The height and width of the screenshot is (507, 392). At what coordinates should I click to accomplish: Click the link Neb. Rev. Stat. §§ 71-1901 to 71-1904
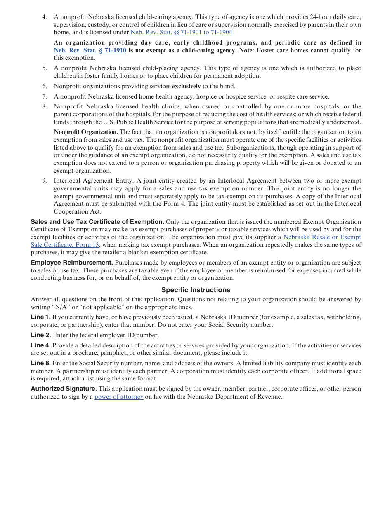point(181,32)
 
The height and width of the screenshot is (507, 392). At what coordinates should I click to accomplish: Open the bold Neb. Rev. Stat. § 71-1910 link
point(90,50)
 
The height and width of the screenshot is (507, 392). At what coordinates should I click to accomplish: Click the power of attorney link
point(119,397)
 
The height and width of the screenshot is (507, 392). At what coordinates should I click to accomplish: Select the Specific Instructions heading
point(196,290)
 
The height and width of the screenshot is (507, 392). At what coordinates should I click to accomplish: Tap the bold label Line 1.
point(40,317)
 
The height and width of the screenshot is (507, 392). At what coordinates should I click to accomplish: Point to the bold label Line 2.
point(40,335)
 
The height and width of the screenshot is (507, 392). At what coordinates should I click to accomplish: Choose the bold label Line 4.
point(40,345)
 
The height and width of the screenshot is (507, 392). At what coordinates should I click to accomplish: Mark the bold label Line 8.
point(40,363)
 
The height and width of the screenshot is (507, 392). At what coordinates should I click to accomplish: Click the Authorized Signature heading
point(64,389)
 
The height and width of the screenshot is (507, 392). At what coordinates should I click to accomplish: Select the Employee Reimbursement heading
point(72,263)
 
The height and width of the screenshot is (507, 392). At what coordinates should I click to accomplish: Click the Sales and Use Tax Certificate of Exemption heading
point(97,221)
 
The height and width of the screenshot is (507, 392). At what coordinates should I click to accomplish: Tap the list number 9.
point(45,181)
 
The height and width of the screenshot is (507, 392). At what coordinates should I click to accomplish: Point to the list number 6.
point(45,86)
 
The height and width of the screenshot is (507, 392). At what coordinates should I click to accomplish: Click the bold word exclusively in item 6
point(186,86)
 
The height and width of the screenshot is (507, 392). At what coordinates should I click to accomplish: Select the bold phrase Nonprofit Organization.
point(86,132)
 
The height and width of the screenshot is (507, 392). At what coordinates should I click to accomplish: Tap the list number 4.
point(45,17)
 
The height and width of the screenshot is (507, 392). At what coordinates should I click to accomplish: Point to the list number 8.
point(45,106)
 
